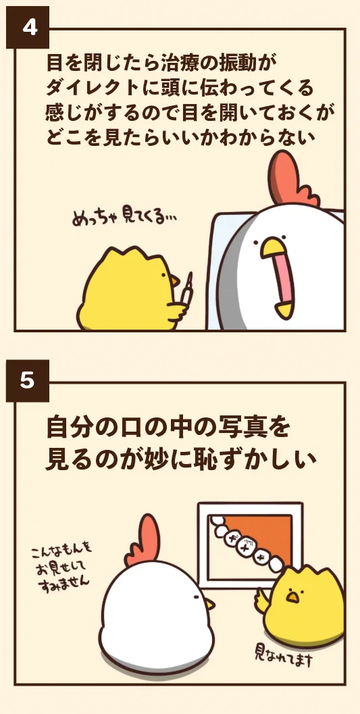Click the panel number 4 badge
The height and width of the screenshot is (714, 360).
tap(27, 27)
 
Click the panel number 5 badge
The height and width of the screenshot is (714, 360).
tap(27, 380)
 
